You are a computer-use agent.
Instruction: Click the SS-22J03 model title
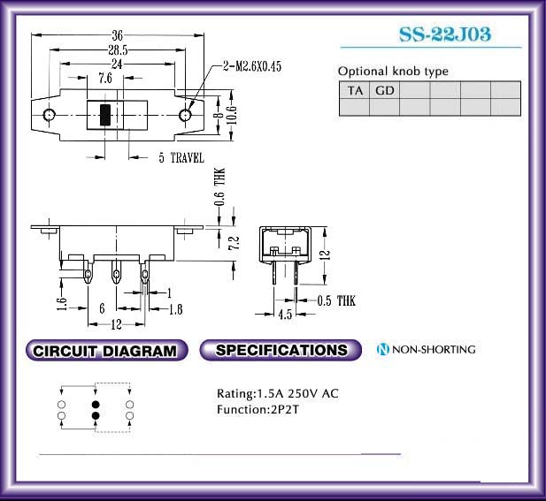pos(444,34)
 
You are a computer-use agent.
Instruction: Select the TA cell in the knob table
pos(355,90)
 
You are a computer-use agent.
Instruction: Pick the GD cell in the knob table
pos(384,90)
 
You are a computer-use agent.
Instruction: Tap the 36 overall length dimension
pos(118,35)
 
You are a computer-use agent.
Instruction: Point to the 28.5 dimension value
pos(118,50)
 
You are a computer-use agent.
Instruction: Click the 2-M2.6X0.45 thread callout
pos(252,66)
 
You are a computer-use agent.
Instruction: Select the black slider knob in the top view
pos(105,114)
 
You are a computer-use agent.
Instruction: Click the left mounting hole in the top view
pos(49,114)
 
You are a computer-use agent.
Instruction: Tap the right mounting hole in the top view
pos(185,114)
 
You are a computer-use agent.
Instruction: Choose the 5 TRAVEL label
pos(181,157)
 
